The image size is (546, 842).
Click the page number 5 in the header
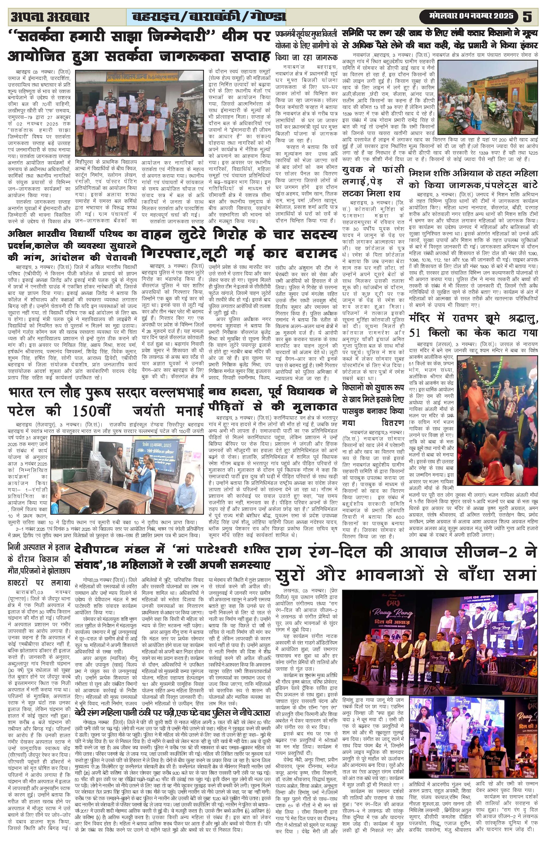pyautogui.click(x=528, y=16)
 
